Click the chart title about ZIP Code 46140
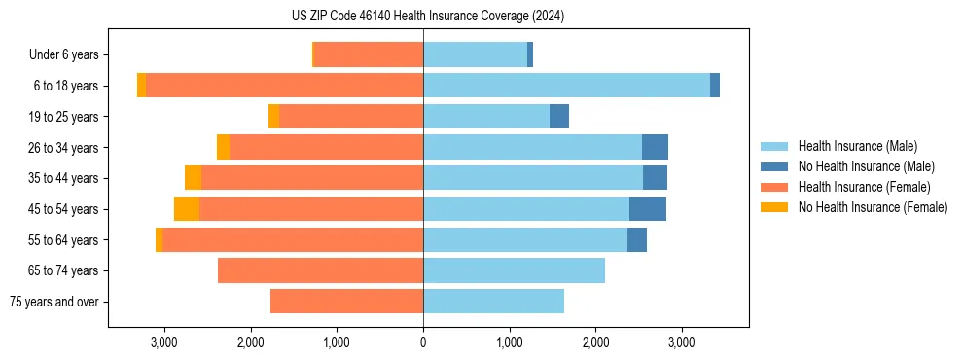pos(427,16)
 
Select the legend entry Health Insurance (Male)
pos(857,146)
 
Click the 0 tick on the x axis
pos(423,342)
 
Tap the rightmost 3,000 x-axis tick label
pos(682,342)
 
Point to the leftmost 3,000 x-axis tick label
pos(164,342)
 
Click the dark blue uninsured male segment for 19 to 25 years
pos(559,117)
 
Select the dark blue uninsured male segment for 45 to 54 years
pos(648,209)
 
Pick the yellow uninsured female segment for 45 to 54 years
pos(187,209)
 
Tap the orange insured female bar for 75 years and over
pos(346,302)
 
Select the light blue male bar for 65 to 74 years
pos(514,270)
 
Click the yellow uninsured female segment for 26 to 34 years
pos(223,148)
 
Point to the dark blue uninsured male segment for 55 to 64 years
pos(637,240)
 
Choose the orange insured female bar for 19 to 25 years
pos(351,117)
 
